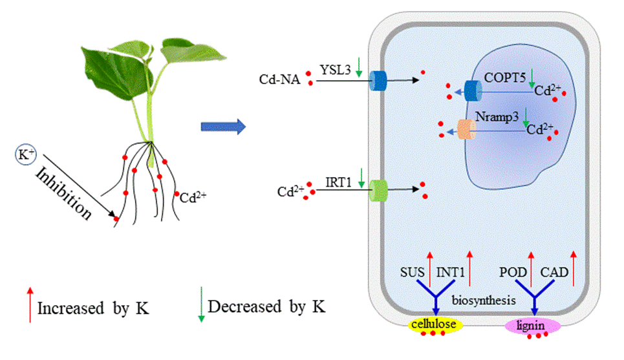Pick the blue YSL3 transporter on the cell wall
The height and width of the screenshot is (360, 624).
(378, 81)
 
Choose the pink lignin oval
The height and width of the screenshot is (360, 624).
(532, 324)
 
